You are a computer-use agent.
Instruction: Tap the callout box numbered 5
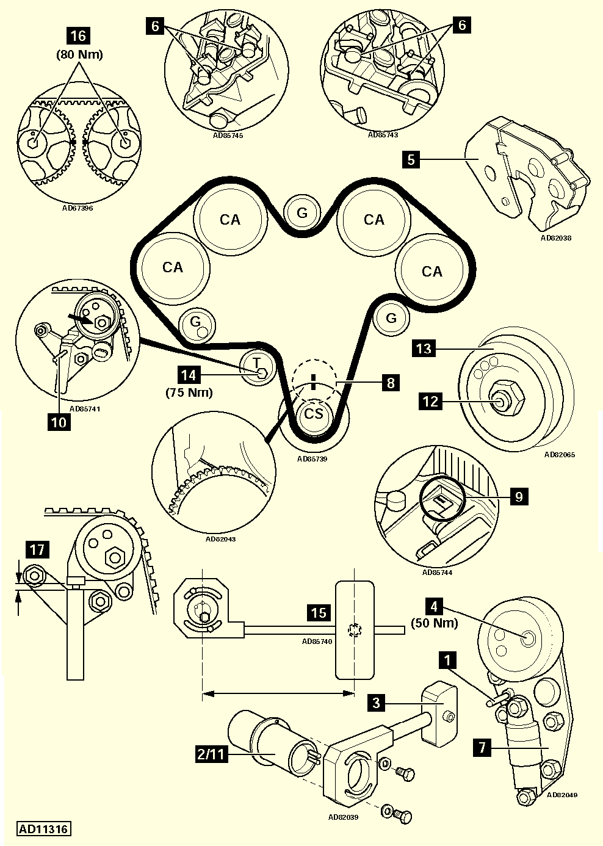[x=411, y=160]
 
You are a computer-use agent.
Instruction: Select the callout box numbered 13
[x=424, y=349]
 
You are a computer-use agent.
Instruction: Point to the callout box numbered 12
[x=431, y=401]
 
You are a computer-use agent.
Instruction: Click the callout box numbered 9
[x=518, y=496]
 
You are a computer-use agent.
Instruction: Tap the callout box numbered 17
[x=37, y=550]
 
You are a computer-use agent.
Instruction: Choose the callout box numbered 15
[x=319, y=612]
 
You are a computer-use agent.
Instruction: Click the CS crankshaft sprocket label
[x=314, y=414]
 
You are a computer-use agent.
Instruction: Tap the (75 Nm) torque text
[x=190, y=392]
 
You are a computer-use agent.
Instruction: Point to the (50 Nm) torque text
[x=434, y=623]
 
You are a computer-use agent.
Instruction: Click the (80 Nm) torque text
[x=79, y=54]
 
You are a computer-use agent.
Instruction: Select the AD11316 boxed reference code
[x=44, y=829]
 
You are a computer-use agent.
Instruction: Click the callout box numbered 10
[x=59, y=422]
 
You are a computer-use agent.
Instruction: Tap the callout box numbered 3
[x=377, y=703]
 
